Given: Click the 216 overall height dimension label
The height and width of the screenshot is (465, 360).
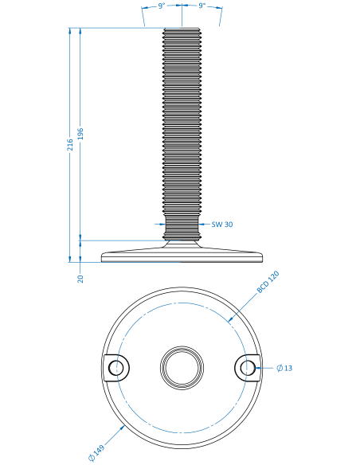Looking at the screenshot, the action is (x=70, y=145).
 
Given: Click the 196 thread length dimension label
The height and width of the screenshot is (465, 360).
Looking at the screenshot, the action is (x=80, y=134).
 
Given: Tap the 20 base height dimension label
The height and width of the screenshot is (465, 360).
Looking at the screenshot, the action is (x=80, y=279).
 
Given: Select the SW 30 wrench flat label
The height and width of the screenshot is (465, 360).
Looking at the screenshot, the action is (x=222, y=225).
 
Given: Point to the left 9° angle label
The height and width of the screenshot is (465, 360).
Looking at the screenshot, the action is (x=162, y=6).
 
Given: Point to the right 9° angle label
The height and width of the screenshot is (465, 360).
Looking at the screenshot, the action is (x=202, y=6).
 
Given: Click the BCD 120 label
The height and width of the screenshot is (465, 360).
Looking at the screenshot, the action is (x=268, y=282).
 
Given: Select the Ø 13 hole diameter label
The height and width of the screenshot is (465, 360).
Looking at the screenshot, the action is (x=284, y=368).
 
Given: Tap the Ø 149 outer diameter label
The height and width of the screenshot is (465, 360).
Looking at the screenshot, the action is (x=96, y=453).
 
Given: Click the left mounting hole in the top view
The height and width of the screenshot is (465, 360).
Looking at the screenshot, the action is (x=116, y=368).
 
